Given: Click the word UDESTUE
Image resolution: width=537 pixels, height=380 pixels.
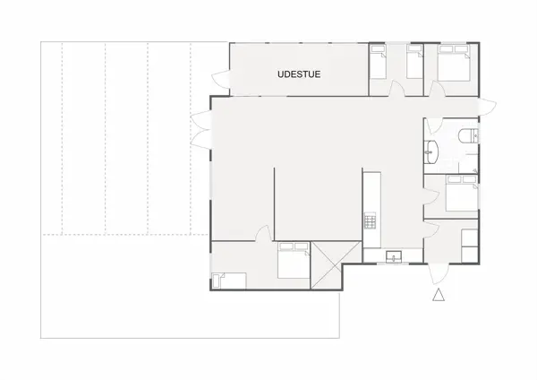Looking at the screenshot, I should click(298, 75).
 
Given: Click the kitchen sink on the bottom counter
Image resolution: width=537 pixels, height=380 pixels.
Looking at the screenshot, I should click(392, 258).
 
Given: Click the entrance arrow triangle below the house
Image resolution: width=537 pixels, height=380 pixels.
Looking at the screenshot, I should click(439, 297).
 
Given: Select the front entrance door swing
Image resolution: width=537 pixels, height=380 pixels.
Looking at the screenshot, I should click(438, 274).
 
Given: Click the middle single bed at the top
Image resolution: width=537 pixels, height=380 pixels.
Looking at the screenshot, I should click(414, 62).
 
